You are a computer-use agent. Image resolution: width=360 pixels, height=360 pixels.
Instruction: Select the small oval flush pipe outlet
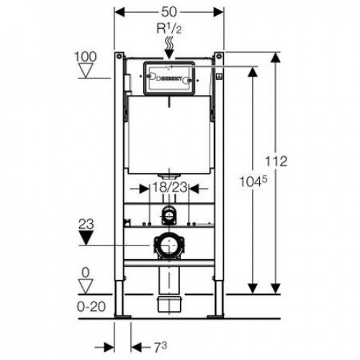[169, 213]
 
